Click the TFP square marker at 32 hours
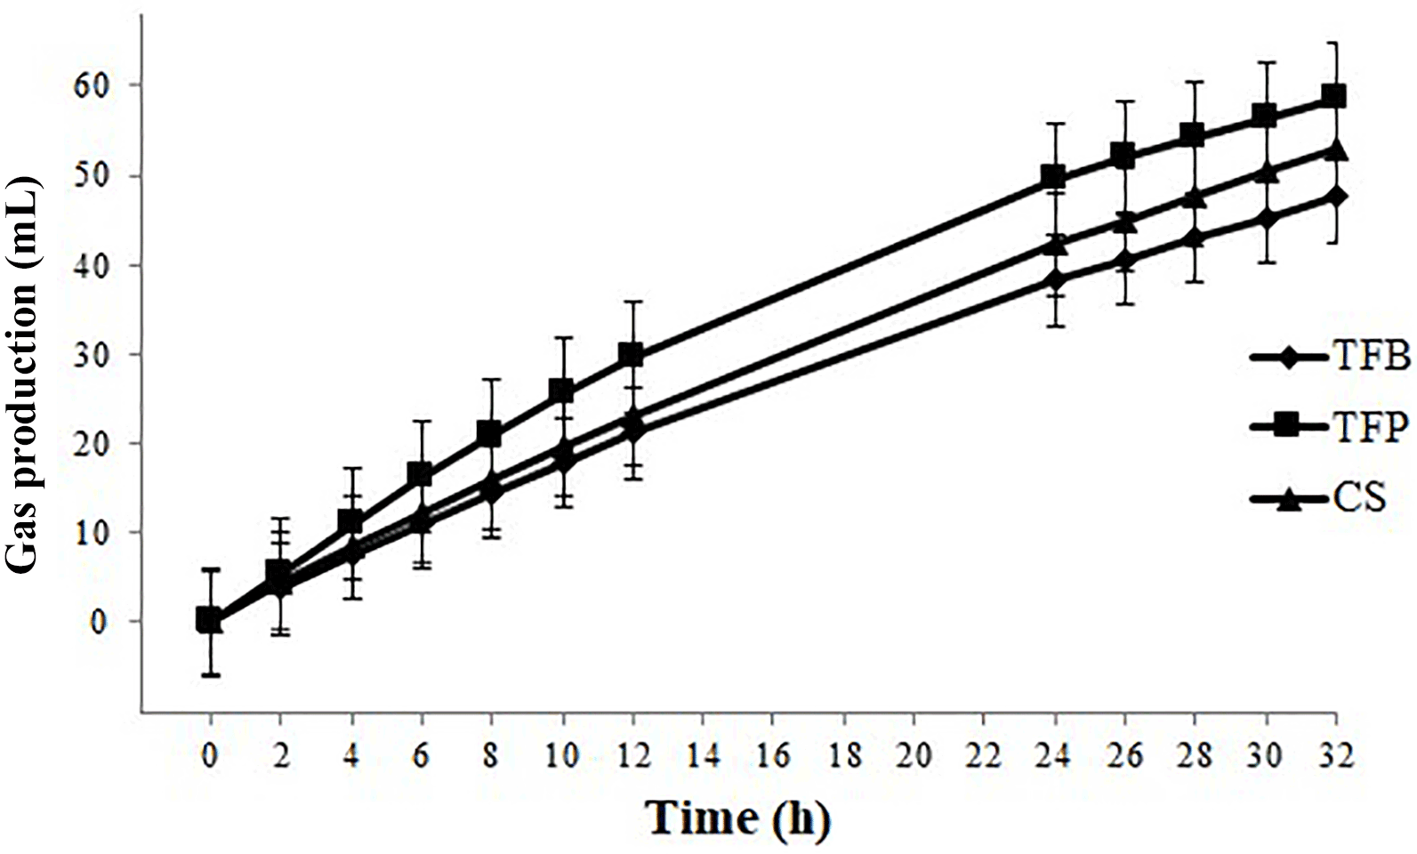click(1334, 96)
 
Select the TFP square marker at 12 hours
click(632, 355)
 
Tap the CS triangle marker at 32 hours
click(1334, 150)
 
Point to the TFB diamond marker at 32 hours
click(1334, 196)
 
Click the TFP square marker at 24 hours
click(1054, 177)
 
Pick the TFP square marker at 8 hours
click(490, 434)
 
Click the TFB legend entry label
click(1371, 358)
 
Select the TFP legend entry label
click(1371, 428)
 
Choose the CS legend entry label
click(1359, 498)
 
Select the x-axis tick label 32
click(1335, 755)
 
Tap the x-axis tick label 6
click(421, 755)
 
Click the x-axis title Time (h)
click(738, 818)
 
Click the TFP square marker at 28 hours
click(1194, 136)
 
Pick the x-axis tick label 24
click(1054, 755)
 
